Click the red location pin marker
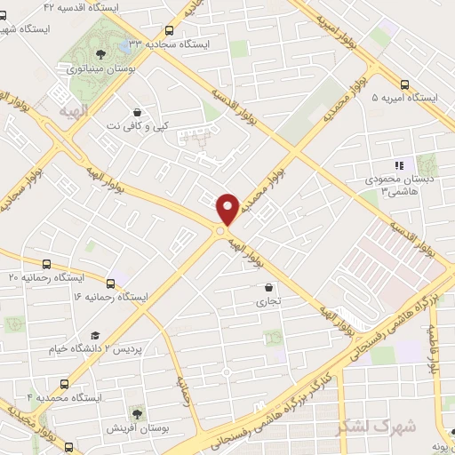coord(227,208)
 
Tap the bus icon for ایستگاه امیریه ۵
coord(405,78)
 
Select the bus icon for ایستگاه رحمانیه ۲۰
coord(47,263)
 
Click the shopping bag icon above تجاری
coord(268,287)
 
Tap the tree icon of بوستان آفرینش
coord(136,413)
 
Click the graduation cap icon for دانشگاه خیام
coord(93,335)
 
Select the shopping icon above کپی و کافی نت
coord(138,113)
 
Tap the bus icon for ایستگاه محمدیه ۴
coord(63,383)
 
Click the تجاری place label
coord(268,302)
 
